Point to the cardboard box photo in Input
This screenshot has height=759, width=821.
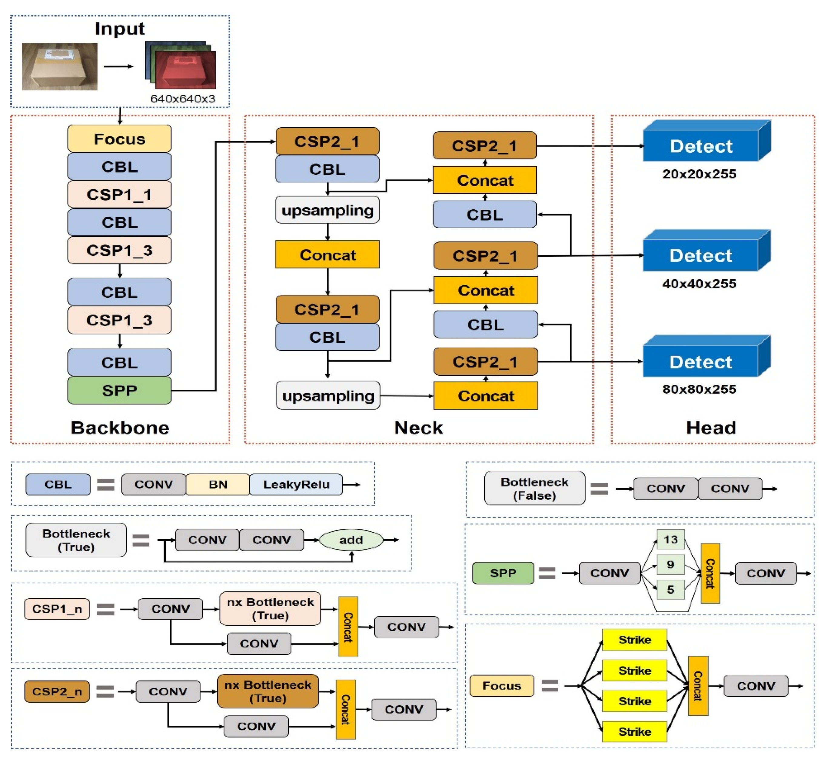pyautogui.click(x=60, y=67)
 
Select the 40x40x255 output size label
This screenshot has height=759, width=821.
pyautogui.click(x=699, y=283)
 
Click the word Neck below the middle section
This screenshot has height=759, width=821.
pyautogui.click(x=418, y=428)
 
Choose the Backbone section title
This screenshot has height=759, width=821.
pyautogui.click(x=120, y=428)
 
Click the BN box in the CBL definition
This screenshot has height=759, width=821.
pyautogui.click(x=218, y=484)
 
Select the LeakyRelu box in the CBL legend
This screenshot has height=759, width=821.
pyautogui.click(x=296, y=484)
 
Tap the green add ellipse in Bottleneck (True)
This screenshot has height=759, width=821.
pyautogui.click(x=351, y=540)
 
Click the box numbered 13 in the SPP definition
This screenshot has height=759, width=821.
pyautogui.click(x=670, y=539)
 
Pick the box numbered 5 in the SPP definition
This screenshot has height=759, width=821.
pyautogui.click(x=670, y=589)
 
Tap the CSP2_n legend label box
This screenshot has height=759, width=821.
pyautogui.click(x=57, y=691)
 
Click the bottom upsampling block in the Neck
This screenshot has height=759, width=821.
pyautogui.click(x=328, y=395)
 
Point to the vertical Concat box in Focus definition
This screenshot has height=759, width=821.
pyautogui.click(x=697, y=685)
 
